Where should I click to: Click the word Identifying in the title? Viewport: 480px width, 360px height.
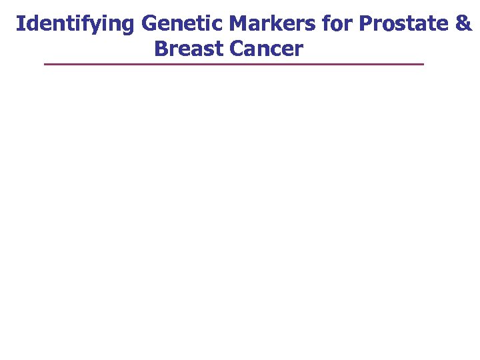click(x=76, y=24)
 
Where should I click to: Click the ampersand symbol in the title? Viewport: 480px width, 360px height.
click(x=463, y=24)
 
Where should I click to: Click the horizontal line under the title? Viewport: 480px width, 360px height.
click(x=233, y=64)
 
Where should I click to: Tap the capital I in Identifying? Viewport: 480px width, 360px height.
click(x=19, y=24)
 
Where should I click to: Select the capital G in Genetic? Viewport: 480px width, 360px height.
click(x=149, y=24)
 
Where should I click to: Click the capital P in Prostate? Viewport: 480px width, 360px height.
click(x=365, y=24)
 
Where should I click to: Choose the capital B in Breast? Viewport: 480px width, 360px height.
click(x=161, y=49)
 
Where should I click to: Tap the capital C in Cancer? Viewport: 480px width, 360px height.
click(x=237, y=49)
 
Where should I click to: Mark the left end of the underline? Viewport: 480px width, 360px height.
click(x=45, y=64)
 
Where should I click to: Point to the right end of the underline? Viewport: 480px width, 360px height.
click(x=423, y=64)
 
